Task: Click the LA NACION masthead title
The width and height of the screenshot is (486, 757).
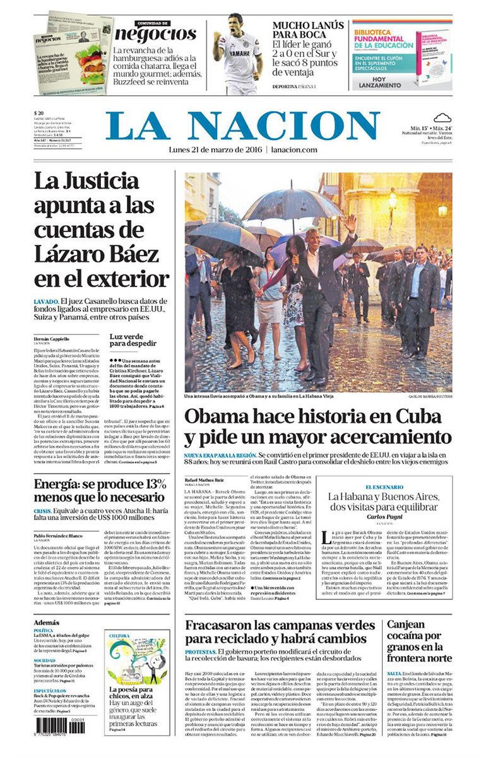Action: [x=243, y=126]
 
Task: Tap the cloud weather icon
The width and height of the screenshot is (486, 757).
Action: [x=442, y=117]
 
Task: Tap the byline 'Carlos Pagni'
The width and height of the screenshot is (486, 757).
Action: [x=385, y=517]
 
